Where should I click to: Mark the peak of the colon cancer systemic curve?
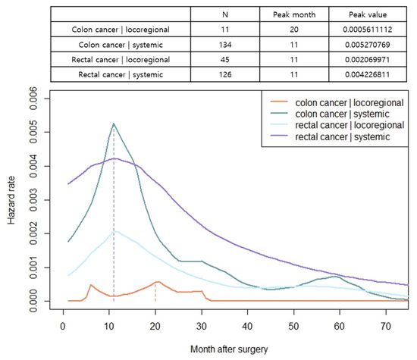click(x=114, y=124)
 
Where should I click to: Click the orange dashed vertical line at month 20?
click(x=155, y=292)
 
